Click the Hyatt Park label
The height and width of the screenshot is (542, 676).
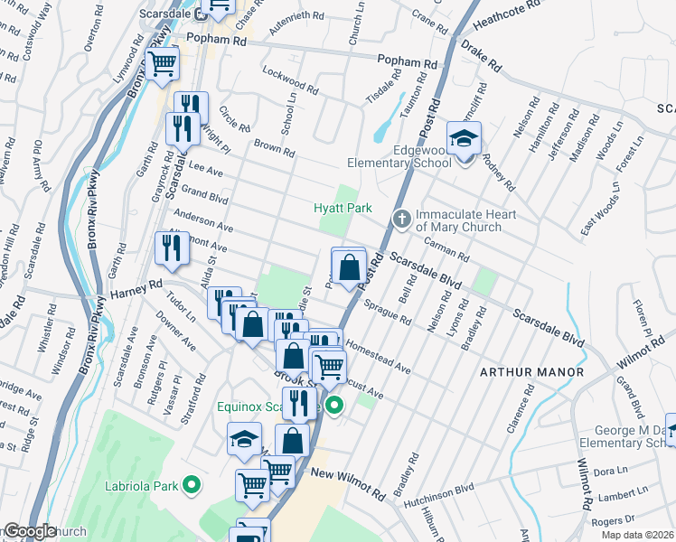click(x=342, y=209)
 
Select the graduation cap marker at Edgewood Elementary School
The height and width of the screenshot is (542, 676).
click(x=464, y=139)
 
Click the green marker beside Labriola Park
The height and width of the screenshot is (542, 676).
click(x=191, y=485)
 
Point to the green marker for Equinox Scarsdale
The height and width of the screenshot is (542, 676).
click(x=334, y=406)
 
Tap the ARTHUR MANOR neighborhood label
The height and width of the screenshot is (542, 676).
click(x=531, y=372)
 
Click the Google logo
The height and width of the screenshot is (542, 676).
click(x=29, y=531)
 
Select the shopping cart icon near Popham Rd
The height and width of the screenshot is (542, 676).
click(x=162, y=64)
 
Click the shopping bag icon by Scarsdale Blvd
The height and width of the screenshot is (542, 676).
click(x=349, y=266)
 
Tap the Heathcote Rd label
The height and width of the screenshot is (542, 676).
click(x=534, y=10)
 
